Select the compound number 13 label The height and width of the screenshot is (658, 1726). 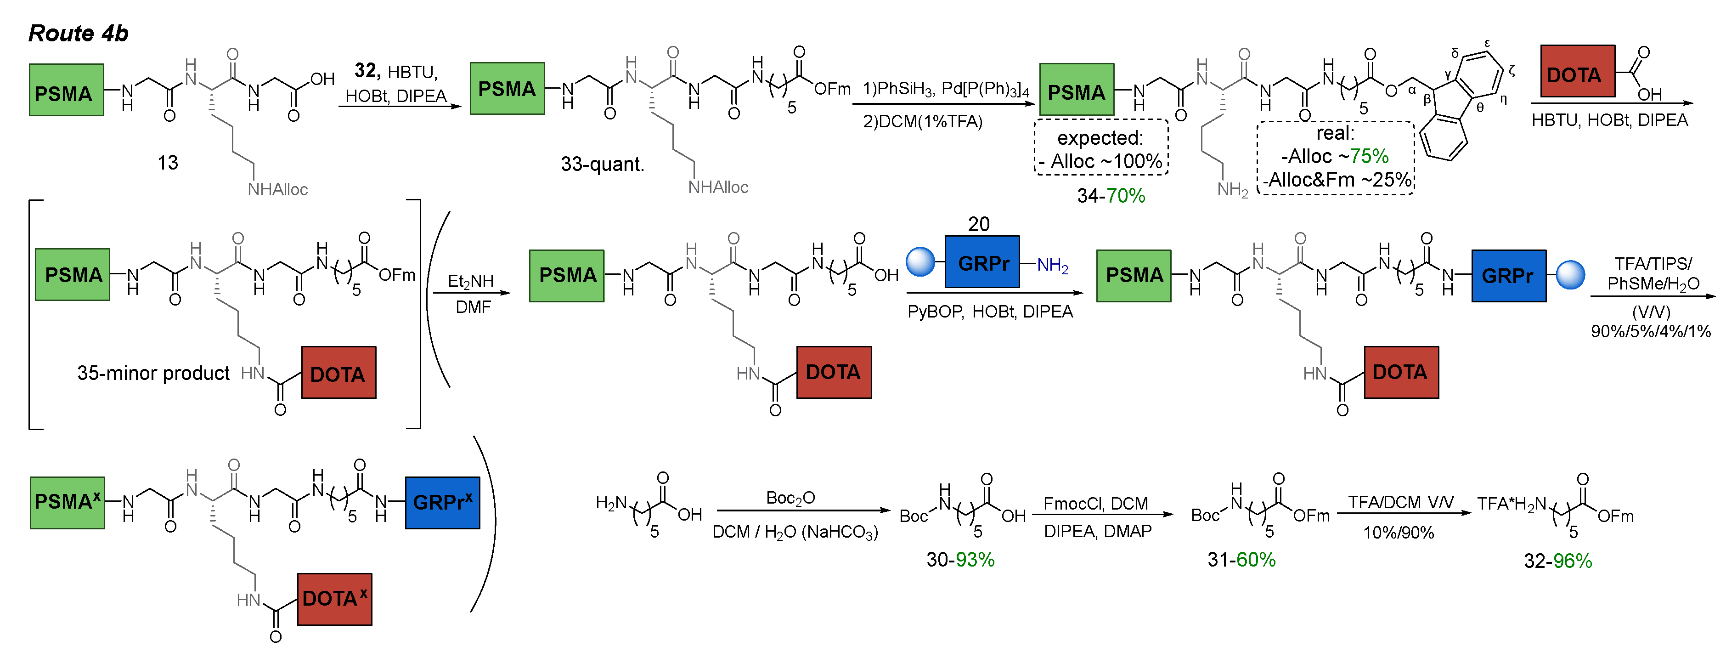click(x=168, y=162)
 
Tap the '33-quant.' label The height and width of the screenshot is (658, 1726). click(x=602, y=164)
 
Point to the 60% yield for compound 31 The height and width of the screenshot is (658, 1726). click(x=1256, y=560)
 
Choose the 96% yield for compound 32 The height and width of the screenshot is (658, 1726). click(x=1572, y=561)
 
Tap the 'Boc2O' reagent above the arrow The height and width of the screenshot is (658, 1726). click(x=790, y=498)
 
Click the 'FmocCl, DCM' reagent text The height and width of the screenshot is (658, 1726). click(x=1095, y=503)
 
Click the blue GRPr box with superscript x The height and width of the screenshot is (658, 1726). click(x=442, y=503)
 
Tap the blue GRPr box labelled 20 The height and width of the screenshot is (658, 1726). click(x=981, y=262)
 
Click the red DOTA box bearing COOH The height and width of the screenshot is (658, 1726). click(x=1577, y=72)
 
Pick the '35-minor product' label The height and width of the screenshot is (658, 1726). click(x=153, y=373)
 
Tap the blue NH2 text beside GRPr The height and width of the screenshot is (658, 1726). click(x=1052, y=266)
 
